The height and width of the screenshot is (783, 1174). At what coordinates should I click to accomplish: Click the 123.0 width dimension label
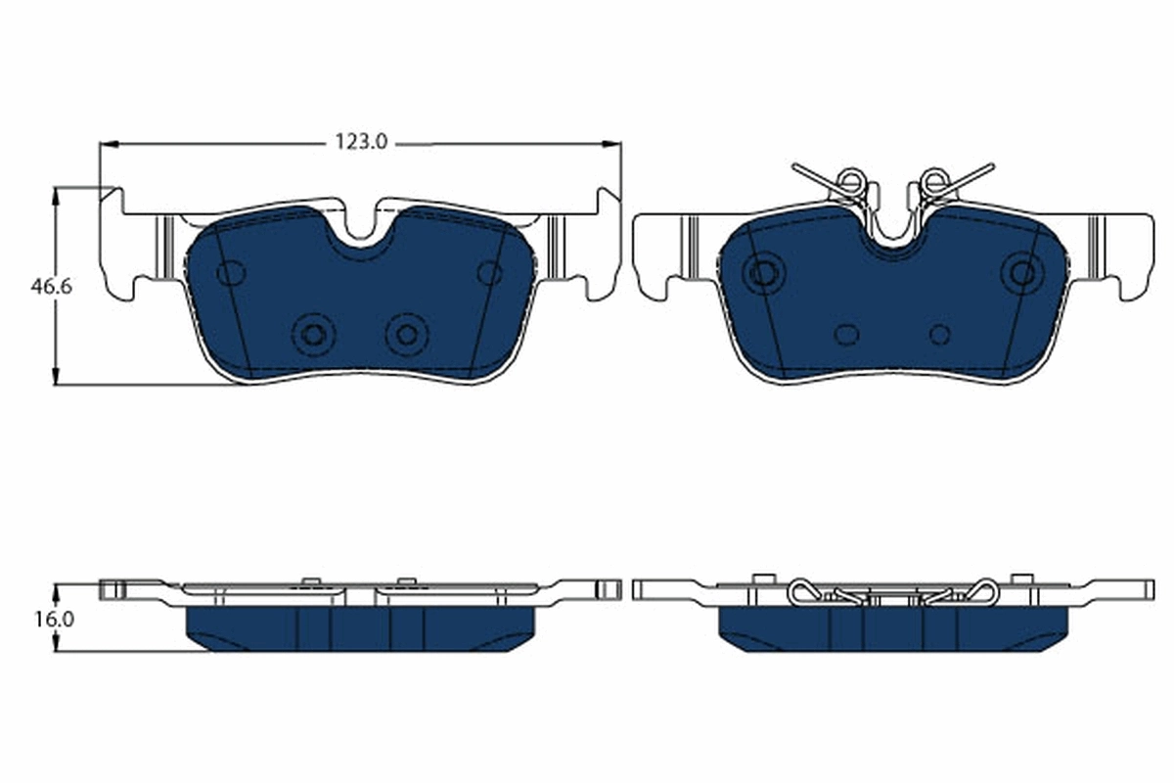click(362, 143)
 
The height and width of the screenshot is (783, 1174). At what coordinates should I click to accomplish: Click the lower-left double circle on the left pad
click(313, 335)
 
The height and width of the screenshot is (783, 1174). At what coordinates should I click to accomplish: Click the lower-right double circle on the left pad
click(405, 335)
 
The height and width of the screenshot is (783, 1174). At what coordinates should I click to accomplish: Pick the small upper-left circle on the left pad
click(231, 273)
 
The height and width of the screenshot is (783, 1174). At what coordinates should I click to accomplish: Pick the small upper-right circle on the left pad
click(489, 273)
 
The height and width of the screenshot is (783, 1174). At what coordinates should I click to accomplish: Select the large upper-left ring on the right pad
click(761, 272)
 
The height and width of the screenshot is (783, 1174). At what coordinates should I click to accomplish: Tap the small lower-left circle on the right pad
click(846, 335)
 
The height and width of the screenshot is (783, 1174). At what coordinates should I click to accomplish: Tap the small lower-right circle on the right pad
click(939, 335)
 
